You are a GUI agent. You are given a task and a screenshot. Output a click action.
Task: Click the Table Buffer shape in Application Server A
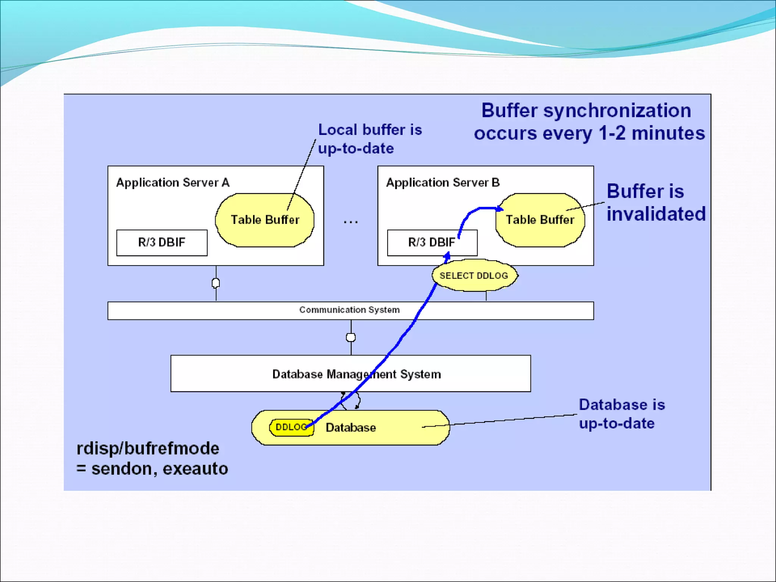click(264, 220)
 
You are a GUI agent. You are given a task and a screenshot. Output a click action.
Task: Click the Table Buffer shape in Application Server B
click(540, 220)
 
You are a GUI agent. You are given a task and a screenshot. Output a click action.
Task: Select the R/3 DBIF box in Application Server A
click(162, 242)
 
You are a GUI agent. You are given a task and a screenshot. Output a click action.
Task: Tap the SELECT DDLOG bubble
click(474, 275)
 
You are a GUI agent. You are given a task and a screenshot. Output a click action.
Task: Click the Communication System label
click(349, 310)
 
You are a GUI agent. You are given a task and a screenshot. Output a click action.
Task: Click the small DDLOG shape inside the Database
click(290, 427)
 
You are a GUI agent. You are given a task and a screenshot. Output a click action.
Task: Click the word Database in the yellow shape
click(351, 428)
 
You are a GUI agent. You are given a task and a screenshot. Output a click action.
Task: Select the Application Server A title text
click(173, 183)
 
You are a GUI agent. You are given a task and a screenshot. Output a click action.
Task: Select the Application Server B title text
click(443, 183)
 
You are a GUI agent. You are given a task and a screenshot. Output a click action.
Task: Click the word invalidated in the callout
click(656, 214)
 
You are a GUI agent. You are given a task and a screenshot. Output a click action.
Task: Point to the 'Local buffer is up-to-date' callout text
click(369, 139)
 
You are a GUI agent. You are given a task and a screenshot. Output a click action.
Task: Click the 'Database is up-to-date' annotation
click(621, 414)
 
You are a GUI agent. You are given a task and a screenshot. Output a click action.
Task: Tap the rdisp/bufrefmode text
click(148, 449)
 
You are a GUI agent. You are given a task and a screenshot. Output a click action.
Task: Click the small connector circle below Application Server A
click(216, 283)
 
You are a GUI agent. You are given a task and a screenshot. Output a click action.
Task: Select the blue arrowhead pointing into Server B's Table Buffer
click(500, 209)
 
